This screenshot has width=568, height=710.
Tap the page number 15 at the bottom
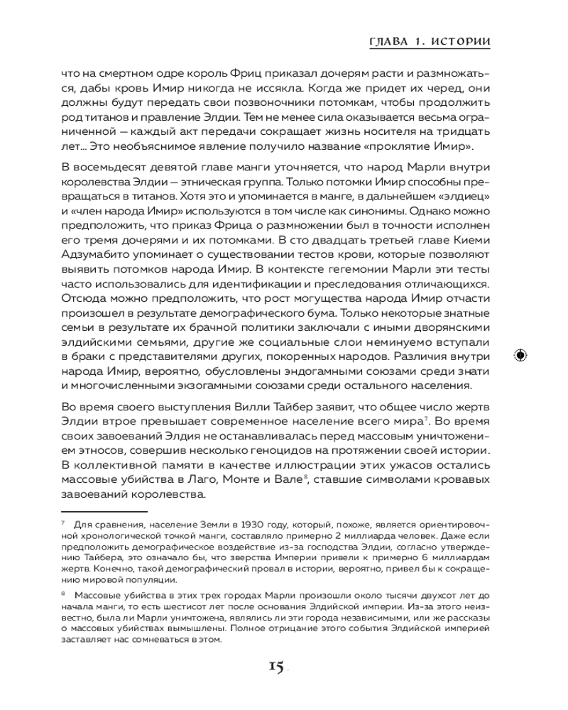[x=276, y=665]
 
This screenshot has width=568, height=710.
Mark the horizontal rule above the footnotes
[x=104, y=510]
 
